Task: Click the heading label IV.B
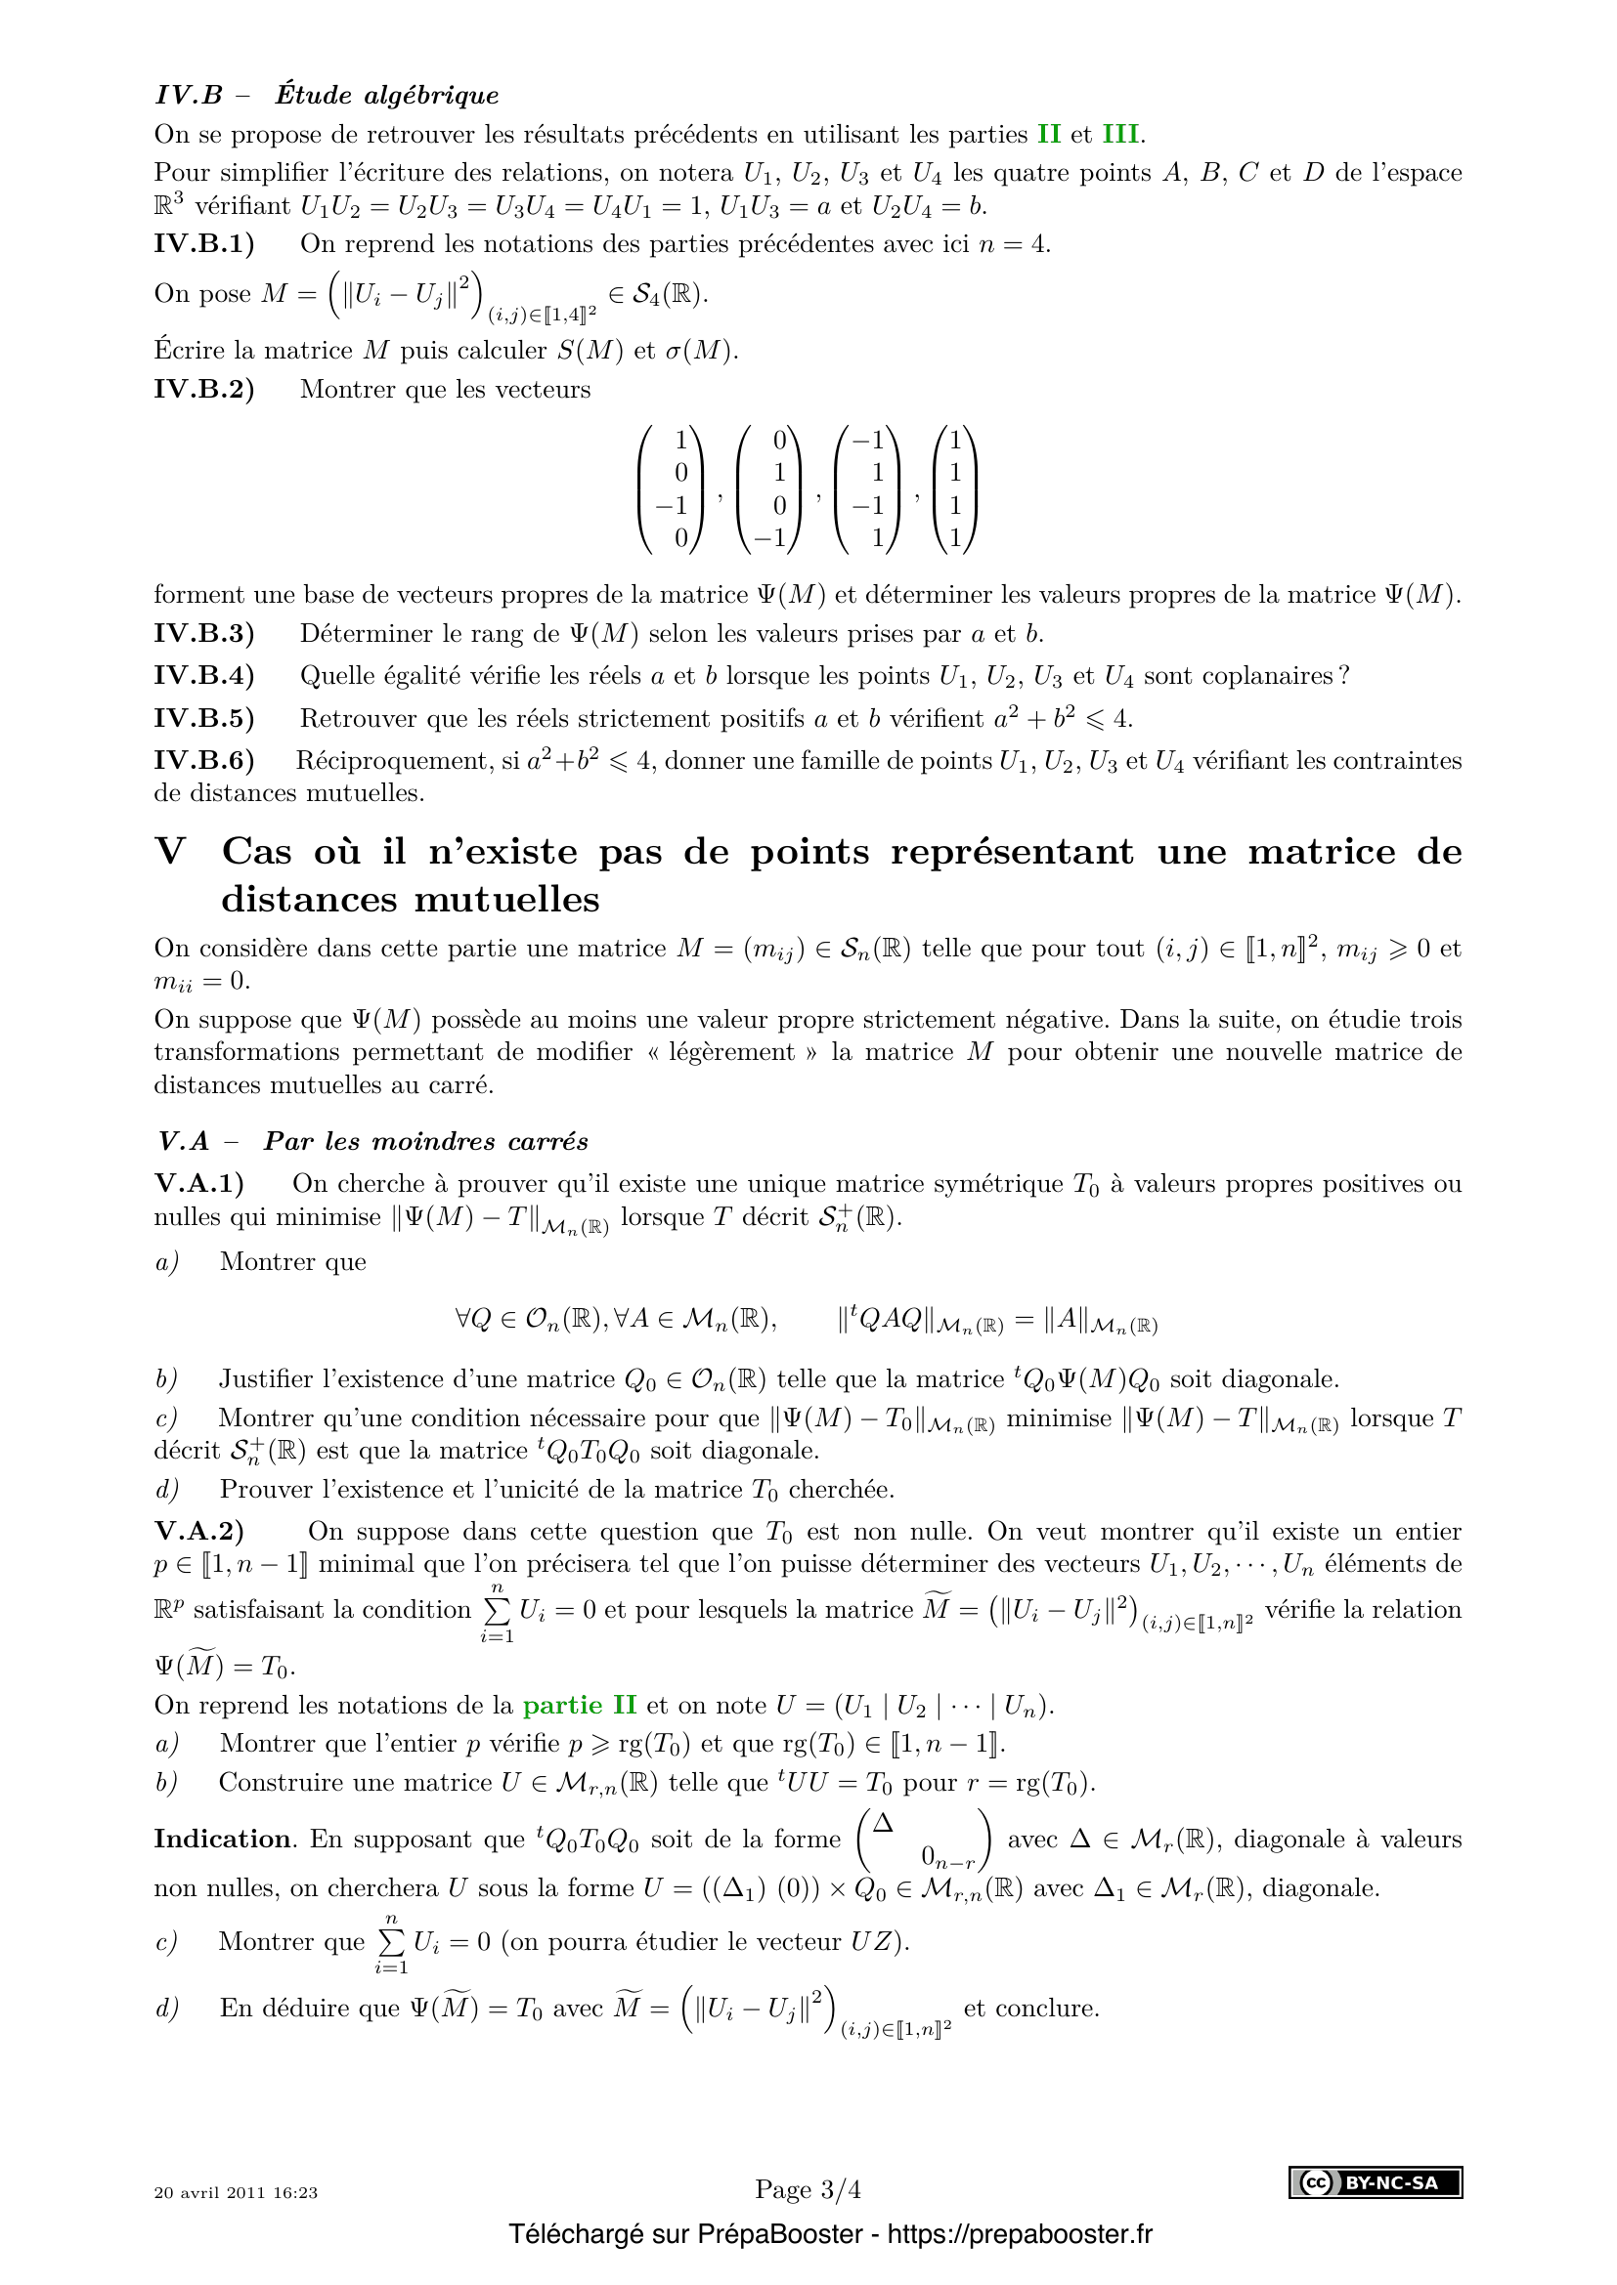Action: (190, 96)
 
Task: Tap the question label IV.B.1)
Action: (204, 244)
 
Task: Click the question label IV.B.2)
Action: (204, 389)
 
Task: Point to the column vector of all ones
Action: (955, 488)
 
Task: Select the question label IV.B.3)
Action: (204, 634)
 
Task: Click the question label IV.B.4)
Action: (204, 676)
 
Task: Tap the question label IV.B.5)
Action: (204, 719)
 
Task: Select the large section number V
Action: (170, 852)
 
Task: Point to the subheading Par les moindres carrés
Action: (425, 1141)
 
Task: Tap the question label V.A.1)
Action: (199, 1183)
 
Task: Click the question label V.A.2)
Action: (199, 1532)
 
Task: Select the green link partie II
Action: (580, 1705)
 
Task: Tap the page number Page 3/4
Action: (808, 2189)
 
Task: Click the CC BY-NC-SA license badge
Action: (1376, 2182)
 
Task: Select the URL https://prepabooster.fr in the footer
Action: (1019, 2234)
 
